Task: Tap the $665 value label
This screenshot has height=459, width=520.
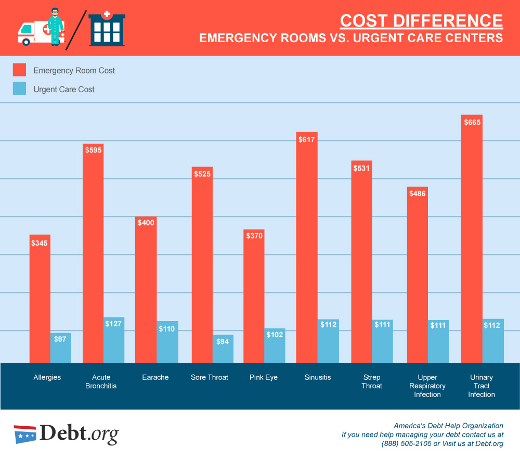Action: [x=472, y=122]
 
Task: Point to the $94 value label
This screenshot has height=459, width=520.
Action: [x=223, y=342]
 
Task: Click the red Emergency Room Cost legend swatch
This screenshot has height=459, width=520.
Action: [x=19, y=70]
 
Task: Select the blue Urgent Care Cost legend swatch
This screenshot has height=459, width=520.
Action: [x=19, y=89]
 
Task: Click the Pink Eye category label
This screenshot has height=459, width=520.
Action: [x=264, y=377]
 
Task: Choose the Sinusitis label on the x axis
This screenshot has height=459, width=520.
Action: [x=317, y=377]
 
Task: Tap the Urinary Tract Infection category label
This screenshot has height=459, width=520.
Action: [x=481, y=386]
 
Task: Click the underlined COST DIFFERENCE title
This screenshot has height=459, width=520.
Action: [x=421, y=21]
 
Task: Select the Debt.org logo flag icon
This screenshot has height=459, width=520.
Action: [x=25, y=434]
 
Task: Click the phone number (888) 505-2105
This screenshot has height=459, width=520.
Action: [x=406, y=444]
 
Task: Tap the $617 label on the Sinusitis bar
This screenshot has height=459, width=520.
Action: [x=307, y=139]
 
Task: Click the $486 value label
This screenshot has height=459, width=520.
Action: [x=417, y=194]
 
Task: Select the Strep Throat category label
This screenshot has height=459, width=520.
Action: [x=372, y=381]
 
